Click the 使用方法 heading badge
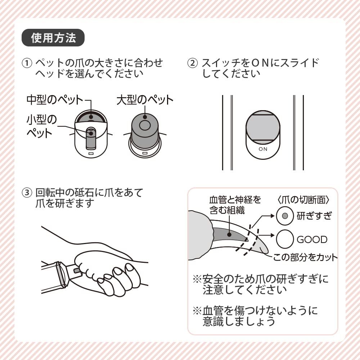coord(53,38)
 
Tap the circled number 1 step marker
coord(27,63)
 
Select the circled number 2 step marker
coord(192,63)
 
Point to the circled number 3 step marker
coord(27,193)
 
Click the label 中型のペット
coord(55,100)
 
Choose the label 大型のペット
coord(145,100)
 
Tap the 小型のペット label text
coord(41,126)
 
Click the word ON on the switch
coord(263,149)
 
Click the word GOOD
coord(312,239)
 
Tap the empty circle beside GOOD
coord(285,239)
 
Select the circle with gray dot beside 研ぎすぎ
coord(285,216)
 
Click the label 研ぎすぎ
coord(314,216)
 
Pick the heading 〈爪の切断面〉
coord(303,200)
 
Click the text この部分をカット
coord(305,257)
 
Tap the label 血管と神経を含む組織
coord(235,205)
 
